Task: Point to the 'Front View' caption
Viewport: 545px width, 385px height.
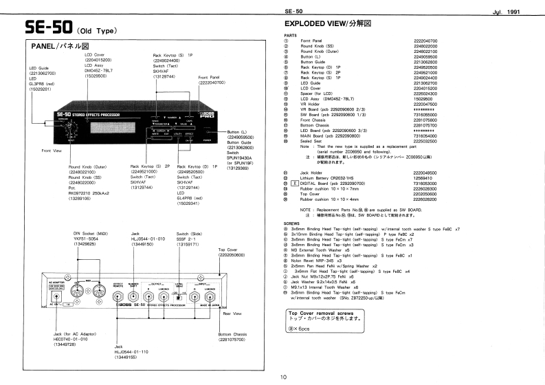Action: coord(52,151)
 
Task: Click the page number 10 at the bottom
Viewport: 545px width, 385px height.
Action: coord(283,377)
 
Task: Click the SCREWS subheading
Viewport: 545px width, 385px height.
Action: coord(291,223)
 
